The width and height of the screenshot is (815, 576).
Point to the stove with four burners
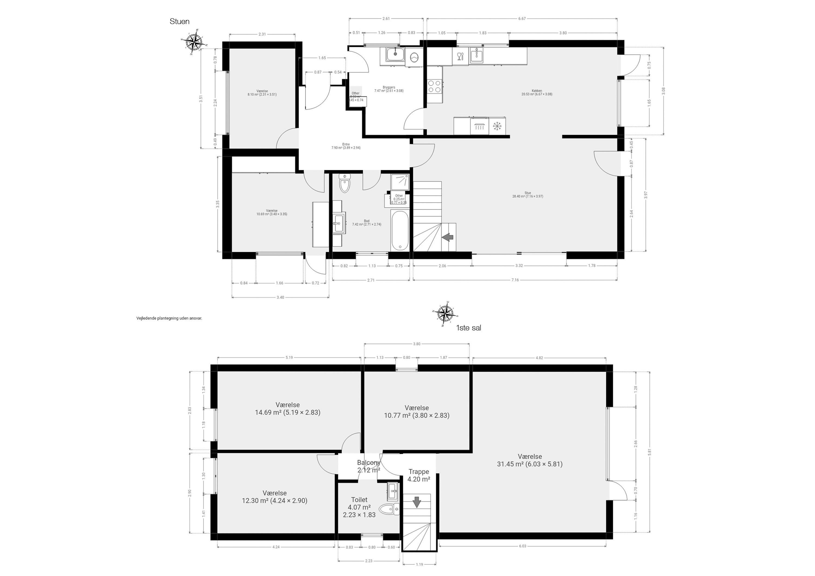(x=434, y=86)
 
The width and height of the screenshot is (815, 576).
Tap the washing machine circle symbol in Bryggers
(x=414, y=57)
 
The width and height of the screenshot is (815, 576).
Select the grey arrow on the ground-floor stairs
(x=448, y=237)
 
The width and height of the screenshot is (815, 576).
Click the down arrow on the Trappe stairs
(x=417, y=502)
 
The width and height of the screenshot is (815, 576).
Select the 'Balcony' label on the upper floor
(x=368, y=462)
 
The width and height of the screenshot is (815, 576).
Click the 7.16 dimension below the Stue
(x=515, y=280)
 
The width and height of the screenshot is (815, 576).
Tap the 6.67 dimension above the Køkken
(x=522, y=19)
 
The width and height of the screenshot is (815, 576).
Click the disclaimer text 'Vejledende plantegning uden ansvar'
(x=169, y=318)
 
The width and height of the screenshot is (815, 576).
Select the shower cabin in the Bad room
(x=400, y=182)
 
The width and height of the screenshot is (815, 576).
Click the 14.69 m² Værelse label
(x=287, y=408)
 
